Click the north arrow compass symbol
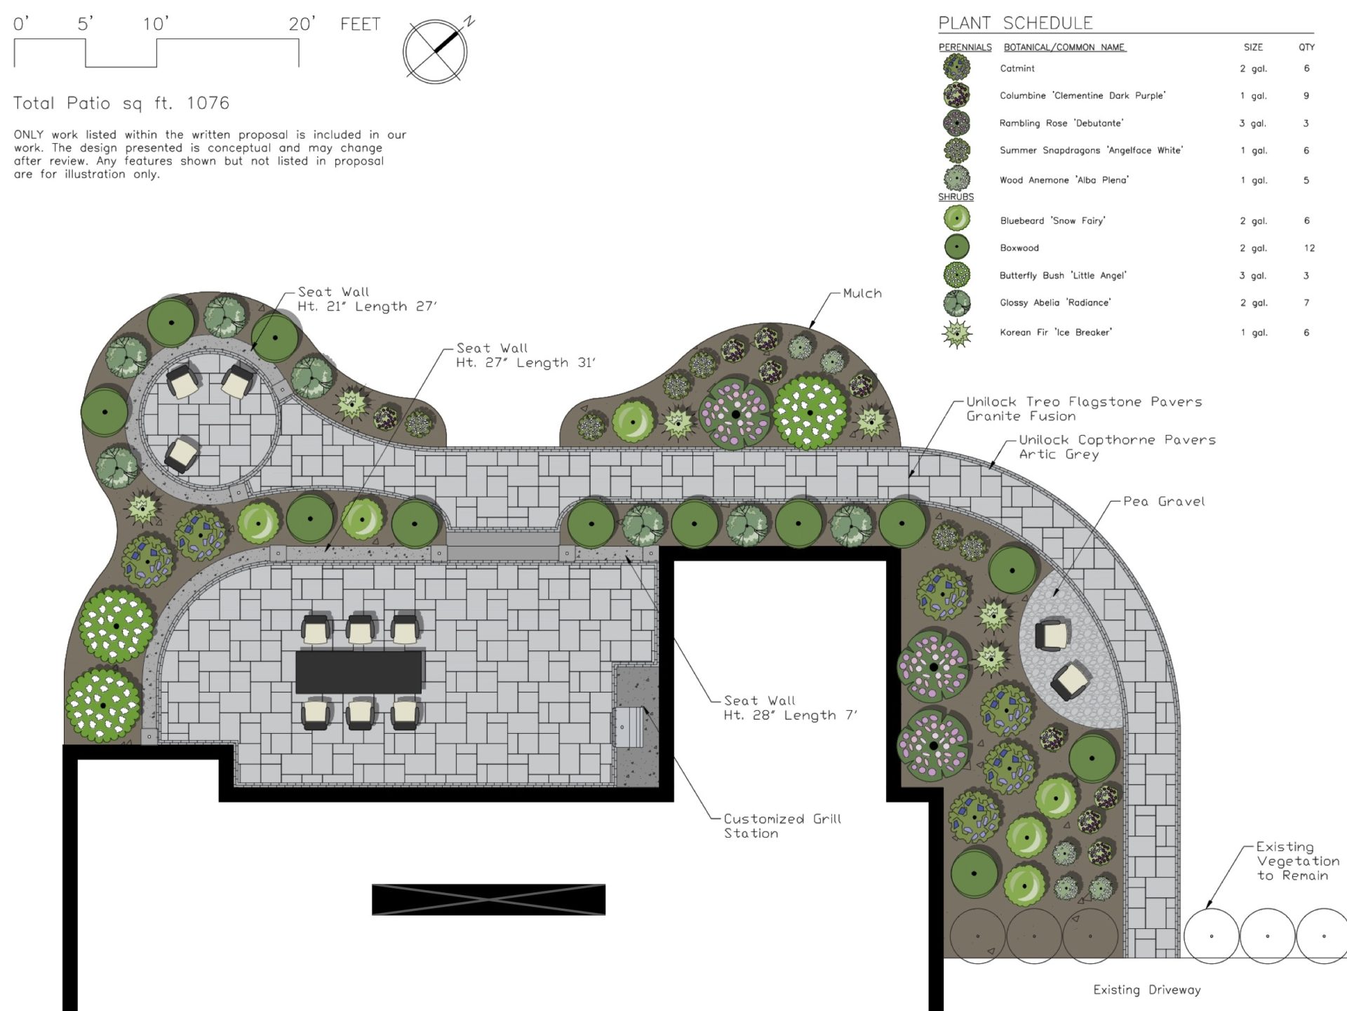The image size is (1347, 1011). [435, 51]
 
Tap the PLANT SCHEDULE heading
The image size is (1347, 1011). [1015, 23]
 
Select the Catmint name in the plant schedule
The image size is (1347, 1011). [1017, 68]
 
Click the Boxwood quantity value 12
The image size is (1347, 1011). [1309, 248]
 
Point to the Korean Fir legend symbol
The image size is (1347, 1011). [957, 333]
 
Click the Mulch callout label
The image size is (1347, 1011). [862, 293]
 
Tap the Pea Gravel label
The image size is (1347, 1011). [1164, 501]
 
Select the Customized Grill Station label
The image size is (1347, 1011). [782, 826]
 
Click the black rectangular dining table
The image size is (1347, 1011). [359, 671]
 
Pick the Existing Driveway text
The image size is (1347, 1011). [1147, 989]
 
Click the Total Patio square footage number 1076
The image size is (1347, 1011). [208, 103]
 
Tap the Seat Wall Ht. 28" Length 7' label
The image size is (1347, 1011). [790, 708]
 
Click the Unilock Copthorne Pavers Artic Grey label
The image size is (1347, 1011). [1117, 447]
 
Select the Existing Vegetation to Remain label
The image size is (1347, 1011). [1298, 861]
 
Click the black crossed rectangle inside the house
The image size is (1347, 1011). [488, 899]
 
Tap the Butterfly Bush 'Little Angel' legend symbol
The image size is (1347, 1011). [957, 275]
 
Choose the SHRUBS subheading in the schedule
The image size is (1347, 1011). [956, 197]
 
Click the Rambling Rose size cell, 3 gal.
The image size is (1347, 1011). [1252, 123]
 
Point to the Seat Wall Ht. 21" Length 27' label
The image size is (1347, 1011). [367, 299]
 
